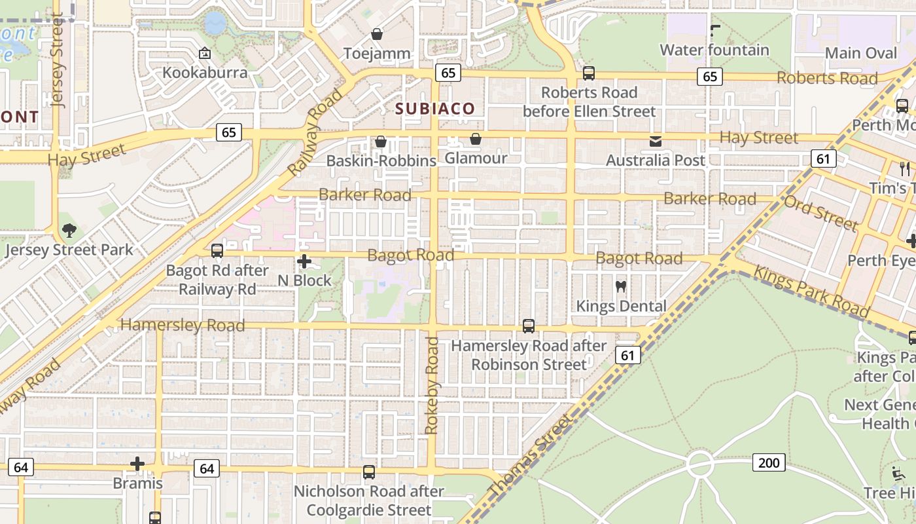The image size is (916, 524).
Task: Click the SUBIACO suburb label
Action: pos(435,109)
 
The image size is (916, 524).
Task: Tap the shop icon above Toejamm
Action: pos(377,33)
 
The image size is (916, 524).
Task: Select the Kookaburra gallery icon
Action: pos(205,53)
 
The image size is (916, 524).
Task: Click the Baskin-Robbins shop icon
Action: pos(380,141)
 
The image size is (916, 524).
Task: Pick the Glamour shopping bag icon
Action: pos(476,139)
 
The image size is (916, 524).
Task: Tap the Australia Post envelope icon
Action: pos(655,141)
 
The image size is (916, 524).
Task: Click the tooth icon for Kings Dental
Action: pos(621,286)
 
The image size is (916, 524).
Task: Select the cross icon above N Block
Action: pos(304,261)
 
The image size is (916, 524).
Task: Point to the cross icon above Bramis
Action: pos(137,464)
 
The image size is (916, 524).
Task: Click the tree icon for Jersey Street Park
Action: pos(69,231)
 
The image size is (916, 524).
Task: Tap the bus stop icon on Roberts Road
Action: pos(589,73)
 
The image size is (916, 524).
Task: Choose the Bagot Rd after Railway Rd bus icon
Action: pos(217,251)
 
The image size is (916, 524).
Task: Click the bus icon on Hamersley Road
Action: pos(529,326)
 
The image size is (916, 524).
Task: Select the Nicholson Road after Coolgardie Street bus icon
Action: pos(369,472)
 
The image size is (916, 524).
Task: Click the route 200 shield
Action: pos(769,463)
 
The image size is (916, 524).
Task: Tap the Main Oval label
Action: pos(861,53)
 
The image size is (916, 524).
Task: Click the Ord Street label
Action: pos(821,212)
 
